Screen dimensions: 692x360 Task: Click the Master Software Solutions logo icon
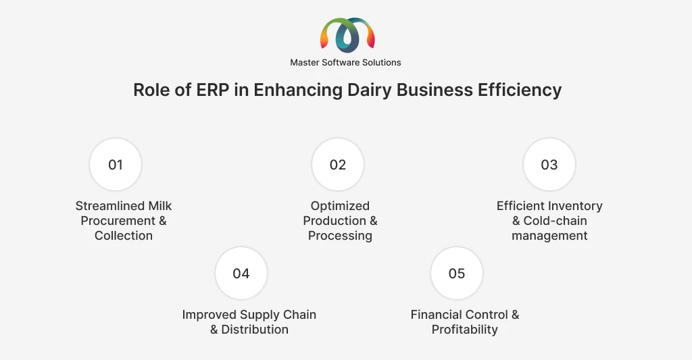pyautogui.click(x=347, y=35)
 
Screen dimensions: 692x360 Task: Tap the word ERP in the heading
pyautogui.click(x=213, y=90)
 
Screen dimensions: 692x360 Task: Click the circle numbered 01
pyautogui.click(x=116, y=165)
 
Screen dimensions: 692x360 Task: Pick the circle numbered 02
pyautogui.click(x=338, y=165)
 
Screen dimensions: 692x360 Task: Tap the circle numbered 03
pyautogui.click(x=549, y=165)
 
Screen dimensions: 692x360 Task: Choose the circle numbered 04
pyautogui.click(x=241, y=274)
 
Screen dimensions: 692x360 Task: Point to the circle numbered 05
pyautogui.click(x=456, y=274)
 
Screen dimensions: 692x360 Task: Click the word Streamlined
pyautogui.click(x=110, y=206)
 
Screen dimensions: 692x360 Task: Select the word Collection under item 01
pyautogui.click(x=124, y=236)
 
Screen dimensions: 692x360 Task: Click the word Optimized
pyautogui.click(x=340, y=207)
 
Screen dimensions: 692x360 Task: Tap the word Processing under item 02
pyautogui.click(x=340, y=236)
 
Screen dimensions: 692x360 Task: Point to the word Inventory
pyautogui.click(x=574, y=207)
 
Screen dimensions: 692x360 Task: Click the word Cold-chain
pyautogui.click(x=555, y=221)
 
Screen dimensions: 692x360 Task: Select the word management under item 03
pyautogui.click(x=549, y=236)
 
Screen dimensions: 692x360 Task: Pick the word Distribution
pyautogui.click(x=255, y=330)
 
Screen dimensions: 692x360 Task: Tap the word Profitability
pyautogui.click(x=465, y=330)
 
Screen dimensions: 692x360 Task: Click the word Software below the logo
pyautogui.click(x=339, y=63)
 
